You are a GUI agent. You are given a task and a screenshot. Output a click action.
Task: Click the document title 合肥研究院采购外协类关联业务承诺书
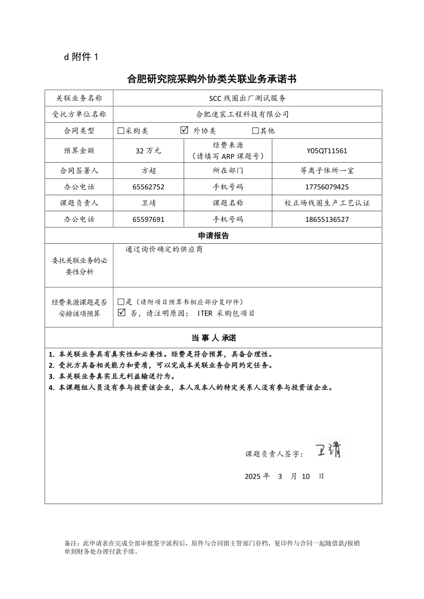point(211,79)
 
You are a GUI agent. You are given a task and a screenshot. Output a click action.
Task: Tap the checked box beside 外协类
point(185,130)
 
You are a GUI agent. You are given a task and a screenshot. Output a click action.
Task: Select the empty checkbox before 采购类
point(121,131)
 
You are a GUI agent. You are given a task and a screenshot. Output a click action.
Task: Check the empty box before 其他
point(255,131)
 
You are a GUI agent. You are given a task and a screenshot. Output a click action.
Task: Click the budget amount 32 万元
point(148,151)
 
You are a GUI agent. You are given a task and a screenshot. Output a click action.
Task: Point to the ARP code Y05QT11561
point(327,151)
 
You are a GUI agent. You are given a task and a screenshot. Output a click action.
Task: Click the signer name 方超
point(148,171)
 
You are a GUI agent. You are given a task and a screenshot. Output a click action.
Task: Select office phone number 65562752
point(148,187)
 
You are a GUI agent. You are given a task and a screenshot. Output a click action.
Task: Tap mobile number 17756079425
point(327,187)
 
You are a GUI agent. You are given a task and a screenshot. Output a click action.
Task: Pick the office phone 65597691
point(148,219)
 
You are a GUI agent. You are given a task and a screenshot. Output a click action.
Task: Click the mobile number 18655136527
point(327,219)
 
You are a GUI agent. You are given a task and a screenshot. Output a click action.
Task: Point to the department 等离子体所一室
point(327,171)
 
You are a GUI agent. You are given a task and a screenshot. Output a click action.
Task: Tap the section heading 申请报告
point(213,236)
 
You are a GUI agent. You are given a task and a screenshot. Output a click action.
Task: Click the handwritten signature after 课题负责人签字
point(330,449)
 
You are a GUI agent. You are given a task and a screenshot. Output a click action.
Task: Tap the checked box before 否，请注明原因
point(121,313)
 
